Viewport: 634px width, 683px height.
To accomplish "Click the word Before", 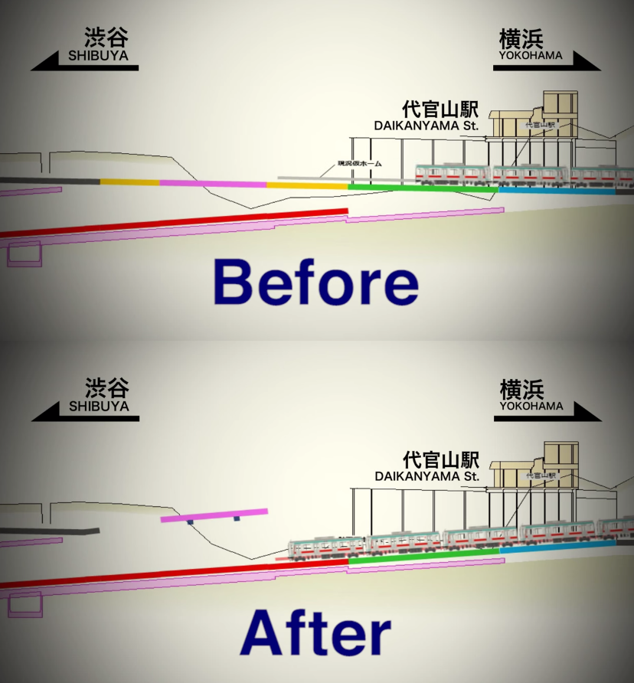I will click(315, 282).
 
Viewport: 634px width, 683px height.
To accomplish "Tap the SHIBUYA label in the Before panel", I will click(98, 56).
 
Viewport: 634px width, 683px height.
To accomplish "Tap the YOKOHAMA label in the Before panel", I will click(531, 55).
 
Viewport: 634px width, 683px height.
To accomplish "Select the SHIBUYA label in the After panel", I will click(99, 407).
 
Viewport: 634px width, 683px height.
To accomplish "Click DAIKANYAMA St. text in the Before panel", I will click(427, 126).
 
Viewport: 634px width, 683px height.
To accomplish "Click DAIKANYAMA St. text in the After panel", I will click(427, 476).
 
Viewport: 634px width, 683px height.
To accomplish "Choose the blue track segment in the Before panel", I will click(556, 189).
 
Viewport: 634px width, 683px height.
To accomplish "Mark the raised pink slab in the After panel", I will click(214, 515).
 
